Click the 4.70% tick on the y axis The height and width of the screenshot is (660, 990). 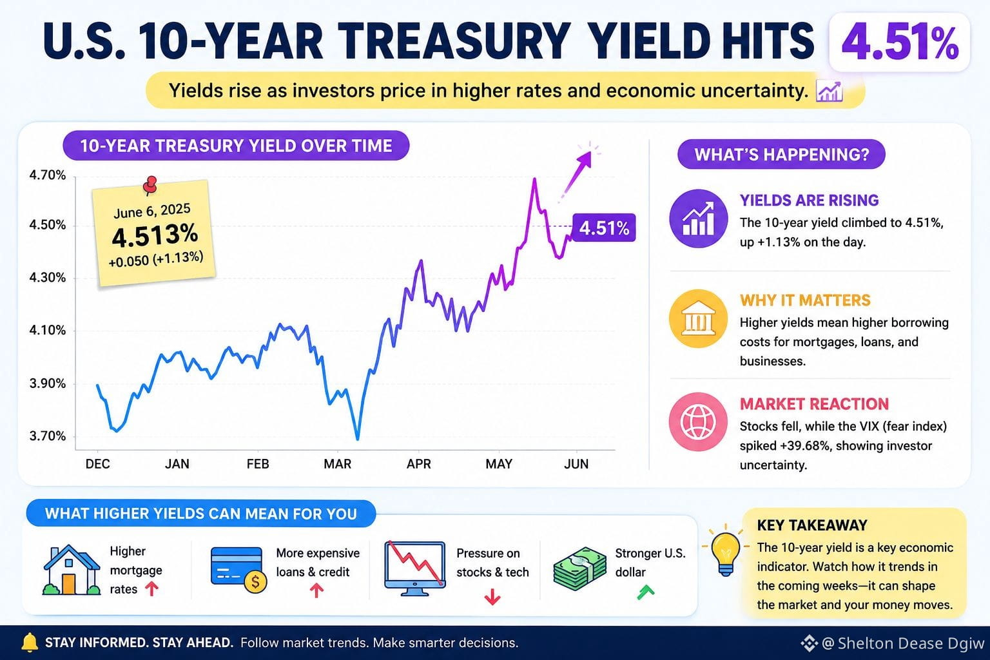[x=47, y=175]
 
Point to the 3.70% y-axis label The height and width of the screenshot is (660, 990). [x=47, y=436]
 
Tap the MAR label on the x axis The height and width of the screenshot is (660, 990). [x=338, y=463]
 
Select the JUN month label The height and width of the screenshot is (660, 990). [x=576, y=463]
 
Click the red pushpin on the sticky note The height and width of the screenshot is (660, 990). [x=150, y=185]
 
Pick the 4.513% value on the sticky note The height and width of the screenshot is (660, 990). [x=155, y=235]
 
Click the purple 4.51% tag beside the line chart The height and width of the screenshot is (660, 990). [x=604, y=228]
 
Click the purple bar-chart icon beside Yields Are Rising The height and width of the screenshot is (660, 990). [x=698, y=218]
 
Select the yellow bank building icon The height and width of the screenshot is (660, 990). [x=698, y=318]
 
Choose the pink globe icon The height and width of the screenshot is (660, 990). [x=698, y=422]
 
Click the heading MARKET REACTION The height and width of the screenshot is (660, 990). [x=814, y=404]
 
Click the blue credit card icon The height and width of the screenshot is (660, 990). [x=238, y=569]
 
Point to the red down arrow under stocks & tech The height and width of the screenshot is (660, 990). [x=492, y=597]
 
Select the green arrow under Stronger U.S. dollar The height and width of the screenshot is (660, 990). [x=646, y=592]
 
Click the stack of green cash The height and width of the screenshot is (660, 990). [x=579, y=569]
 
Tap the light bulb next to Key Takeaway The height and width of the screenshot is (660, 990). [x=725, y=552]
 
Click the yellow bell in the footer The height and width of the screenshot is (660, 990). [x=30, y=643]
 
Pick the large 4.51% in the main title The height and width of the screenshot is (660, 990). [x=900, y=43]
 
